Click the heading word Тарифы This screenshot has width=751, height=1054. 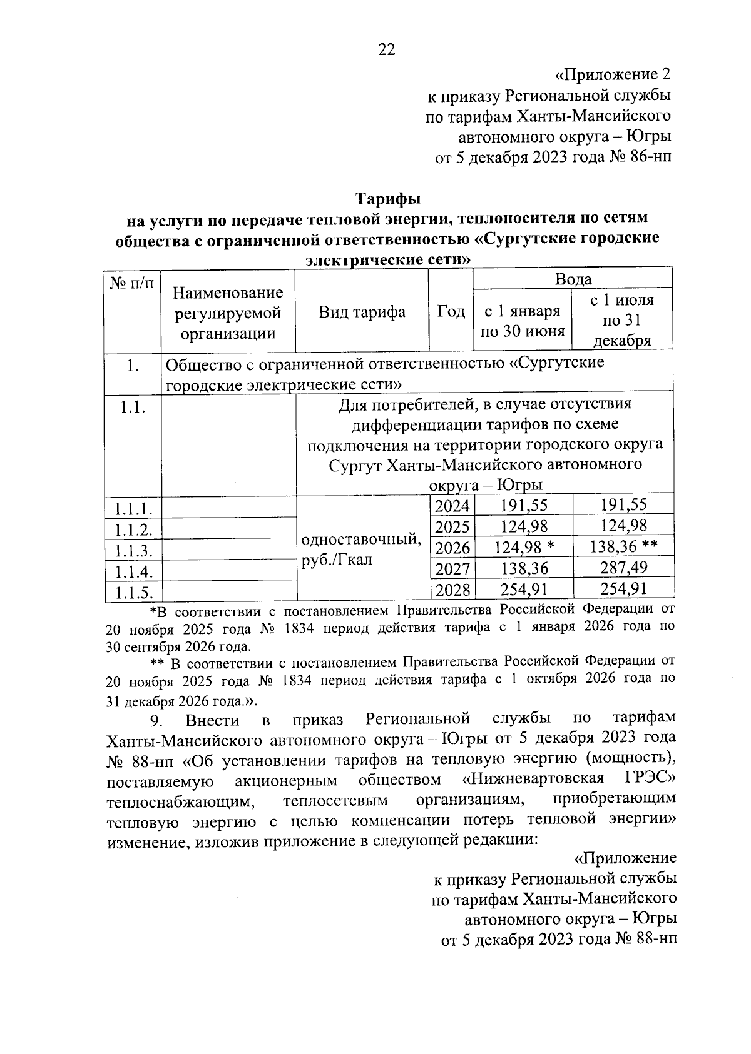388,199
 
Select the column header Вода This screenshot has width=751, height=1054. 573,279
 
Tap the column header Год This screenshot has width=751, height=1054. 451,311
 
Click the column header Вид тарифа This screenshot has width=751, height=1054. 362,312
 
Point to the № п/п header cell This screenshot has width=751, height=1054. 133,283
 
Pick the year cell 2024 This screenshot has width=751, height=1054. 452,506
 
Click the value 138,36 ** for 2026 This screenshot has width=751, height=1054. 623,548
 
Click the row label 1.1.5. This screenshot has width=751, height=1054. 133,592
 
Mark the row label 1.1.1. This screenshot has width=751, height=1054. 133,508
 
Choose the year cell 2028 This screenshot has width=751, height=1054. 452,590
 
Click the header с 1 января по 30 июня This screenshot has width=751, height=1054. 523,321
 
